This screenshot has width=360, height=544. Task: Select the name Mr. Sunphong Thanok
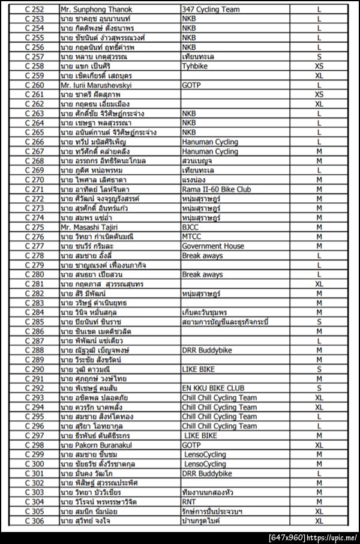tap(96, 10)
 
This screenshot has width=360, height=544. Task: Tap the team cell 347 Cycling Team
tap(210, 10)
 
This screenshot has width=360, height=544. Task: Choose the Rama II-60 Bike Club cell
tap(217, 189)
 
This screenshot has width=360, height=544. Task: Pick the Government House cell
tap(213, 246)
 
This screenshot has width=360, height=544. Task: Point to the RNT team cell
tap(190, 501)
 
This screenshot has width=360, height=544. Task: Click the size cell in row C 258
tap(319, 66)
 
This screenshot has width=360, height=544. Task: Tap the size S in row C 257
tap(319, 56)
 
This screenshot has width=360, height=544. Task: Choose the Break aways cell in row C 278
tap(202, 256)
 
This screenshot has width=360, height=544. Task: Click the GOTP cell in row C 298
tap(191, 445)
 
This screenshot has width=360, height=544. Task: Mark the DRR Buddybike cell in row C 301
tap(207, 473)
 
